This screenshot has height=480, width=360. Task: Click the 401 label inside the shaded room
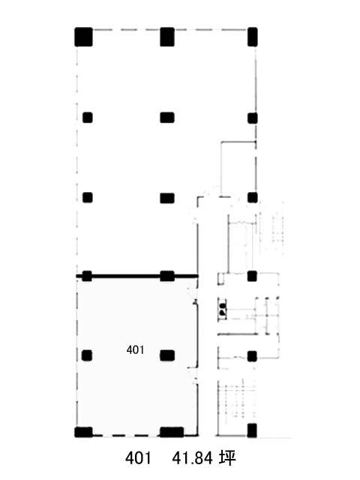135,349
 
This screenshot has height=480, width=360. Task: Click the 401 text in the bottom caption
138,458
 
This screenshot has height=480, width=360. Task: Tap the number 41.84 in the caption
192,458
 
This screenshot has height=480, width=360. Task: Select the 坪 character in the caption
227,458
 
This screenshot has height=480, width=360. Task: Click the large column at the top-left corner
83,37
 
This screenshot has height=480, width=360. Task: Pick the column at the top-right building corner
253,37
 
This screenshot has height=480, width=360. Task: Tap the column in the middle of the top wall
167,37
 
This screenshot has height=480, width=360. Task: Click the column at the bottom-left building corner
83,432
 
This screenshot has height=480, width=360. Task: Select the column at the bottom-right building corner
252,430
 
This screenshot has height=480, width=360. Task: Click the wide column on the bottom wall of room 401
172,432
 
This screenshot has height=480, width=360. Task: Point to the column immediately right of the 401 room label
167,355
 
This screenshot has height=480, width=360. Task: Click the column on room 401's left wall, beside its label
87,355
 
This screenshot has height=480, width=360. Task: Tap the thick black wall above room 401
136,277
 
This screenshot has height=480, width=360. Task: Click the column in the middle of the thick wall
167,276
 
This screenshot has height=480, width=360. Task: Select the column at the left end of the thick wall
87,276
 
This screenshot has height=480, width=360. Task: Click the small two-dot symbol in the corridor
222,309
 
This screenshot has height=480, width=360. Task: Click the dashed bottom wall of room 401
126,435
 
